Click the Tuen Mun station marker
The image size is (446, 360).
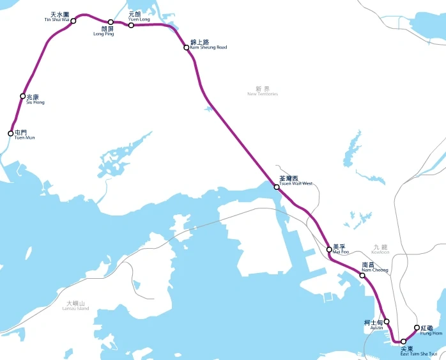click(x=10, y=134)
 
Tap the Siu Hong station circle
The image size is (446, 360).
click(x=23, y=97)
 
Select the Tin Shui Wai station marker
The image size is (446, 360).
click(x=73, y=20)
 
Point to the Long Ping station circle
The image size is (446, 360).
click(x=111, y=22)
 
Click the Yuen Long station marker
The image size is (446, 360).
click(x=131, y=25)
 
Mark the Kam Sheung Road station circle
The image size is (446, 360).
click(x=187, y=47)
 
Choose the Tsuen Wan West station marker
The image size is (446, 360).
click(x=277, y=187)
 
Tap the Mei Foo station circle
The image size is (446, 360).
click(x=329, y=249)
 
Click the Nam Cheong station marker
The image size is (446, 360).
click(x=362, y=275)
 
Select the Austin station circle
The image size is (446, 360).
click(x=387, y=322)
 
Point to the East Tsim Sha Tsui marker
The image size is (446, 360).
click(x=403, y=341)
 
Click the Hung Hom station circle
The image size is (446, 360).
click(x=417, y=328)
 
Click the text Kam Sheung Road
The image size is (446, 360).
click(x=208, y=47)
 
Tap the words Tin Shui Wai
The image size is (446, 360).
click(x=56, y=20)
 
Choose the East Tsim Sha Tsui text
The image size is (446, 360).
click(x=419, y=353)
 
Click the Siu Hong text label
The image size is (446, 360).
click(x=35, y=102)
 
